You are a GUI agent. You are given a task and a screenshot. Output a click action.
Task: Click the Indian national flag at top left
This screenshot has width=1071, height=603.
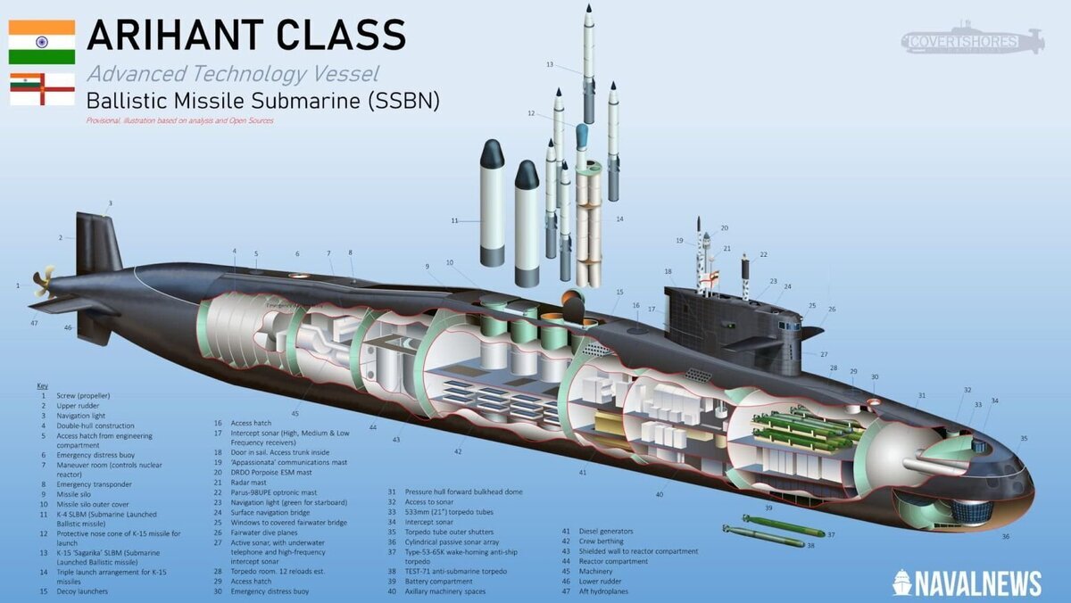pyautogui.click(x=41, y=42)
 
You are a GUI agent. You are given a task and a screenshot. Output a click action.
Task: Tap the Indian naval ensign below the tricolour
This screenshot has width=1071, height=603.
pyautogui.click(x=42, y=89)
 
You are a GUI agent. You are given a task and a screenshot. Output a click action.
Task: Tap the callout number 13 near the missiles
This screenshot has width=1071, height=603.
pyautogui.click(x=551, y=64)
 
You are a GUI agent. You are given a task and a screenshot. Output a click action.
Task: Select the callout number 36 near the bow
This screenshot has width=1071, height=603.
pyautogui.click(x=1005, y=536)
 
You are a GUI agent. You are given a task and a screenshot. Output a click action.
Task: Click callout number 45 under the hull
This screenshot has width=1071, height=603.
pyautogui.click(x=295, y=413)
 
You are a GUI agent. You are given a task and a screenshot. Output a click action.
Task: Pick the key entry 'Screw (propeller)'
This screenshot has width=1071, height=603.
pyautogui.click(x=84, y=395)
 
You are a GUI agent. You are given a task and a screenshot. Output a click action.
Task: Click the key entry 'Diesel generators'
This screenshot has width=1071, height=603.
pyautogui.click(x=607, y=532)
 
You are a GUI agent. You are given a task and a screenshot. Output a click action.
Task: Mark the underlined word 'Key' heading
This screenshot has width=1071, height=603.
pyautogui.click(x=43, y=385)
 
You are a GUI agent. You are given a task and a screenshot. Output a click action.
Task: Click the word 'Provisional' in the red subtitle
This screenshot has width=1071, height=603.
pyautogui.click(x=104, y=120)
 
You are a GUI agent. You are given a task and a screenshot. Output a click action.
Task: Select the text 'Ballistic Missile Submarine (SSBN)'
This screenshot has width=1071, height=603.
pyautogui.click(x=263, y=101)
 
